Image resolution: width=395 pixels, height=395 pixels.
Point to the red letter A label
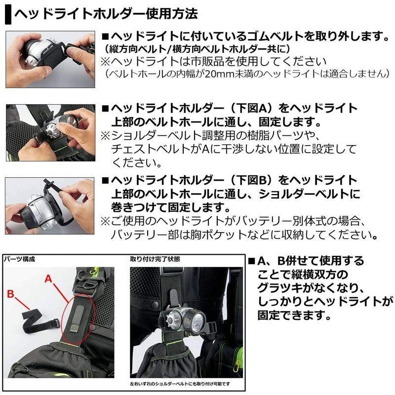pyautogui.click(x=48, y=278)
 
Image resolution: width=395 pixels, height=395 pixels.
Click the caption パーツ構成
pyautogui.click(x=19, y=258)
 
